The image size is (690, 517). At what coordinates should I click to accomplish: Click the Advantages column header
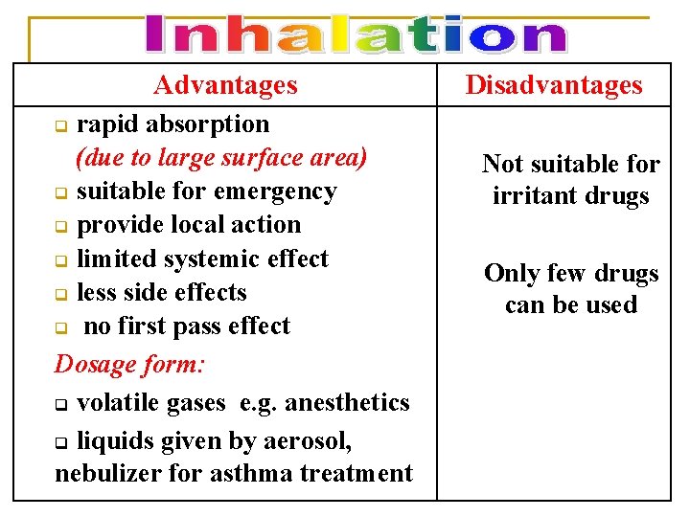226,85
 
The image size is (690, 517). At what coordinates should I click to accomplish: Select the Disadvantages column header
554,85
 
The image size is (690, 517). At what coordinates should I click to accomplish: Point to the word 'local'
217,225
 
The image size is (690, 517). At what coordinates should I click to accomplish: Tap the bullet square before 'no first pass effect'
60,328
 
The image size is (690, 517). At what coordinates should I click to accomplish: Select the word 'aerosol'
313,441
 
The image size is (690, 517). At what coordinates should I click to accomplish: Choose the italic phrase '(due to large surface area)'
221,158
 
